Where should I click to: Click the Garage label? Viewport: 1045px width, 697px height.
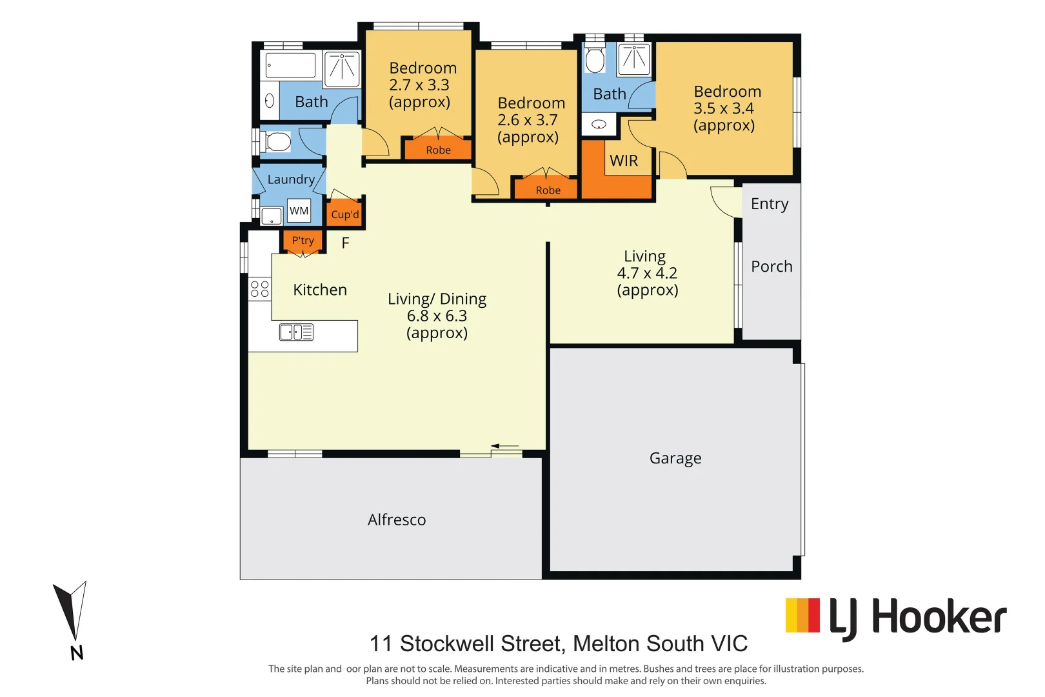point(675,458)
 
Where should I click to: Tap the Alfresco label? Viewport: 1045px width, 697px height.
point(397,520)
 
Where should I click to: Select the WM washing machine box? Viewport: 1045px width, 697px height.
point(299,211)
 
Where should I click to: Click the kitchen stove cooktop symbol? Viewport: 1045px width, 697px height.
point(260,288)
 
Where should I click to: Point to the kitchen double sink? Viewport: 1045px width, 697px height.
point(296,332)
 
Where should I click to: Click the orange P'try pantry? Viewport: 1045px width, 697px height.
point(303,241)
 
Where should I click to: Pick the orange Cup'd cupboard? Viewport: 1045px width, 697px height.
point(345,214)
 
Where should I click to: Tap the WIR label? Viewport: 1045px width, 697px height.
point(623,161)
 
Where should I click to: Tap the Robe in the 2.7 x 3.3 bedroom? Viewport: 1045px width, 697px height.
point(438,150)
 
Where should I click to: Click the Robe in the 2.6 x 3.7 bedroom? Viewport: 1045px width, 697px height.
point(548,190)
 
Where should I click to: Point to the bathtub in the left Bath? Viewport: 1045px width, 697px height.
point(291,66)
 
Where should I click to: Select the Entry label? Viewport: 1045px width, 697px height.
point(769,204)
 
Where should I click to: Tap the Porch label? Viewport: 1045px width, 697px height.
point(771,267)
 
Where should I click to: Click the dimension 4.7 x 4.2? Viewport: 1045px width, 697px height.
point(647,273)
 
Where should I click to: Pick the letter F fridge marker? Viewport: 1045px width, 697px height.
point(345,243)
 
